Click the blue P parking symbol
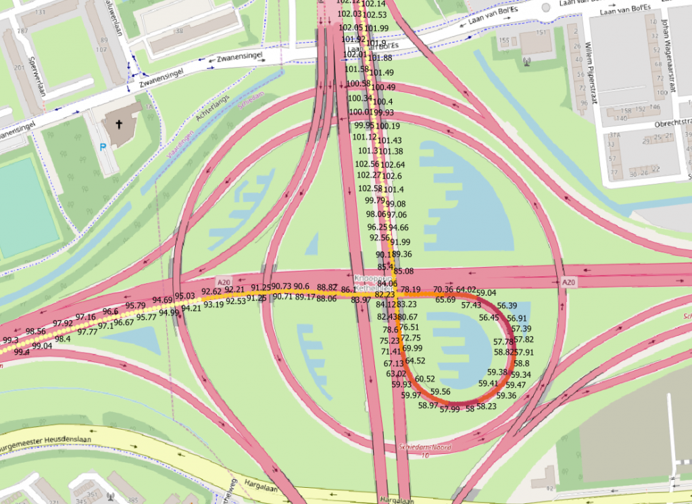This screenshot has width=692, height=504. click(103, 147)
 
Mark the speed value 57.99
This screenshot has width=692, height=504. click(449, 409)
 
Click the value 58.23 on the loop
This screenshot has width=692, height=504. click(487, 407)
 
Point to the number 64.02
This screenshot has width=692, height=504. click(466, 289)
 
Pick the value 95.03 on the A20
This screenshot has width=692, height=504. click(184, 296)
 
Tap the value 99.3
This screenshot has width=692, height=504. click(11, 340)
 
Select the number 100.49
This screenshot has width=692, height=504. click(383, 88)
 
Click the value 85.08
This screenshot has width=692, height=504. click(403, 271)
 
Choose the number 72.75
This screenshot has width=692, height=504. click(410, 337)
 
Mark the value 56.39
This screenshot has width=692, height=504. click(507, 305)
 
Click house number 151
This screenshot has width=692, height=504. click(541, 33)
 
